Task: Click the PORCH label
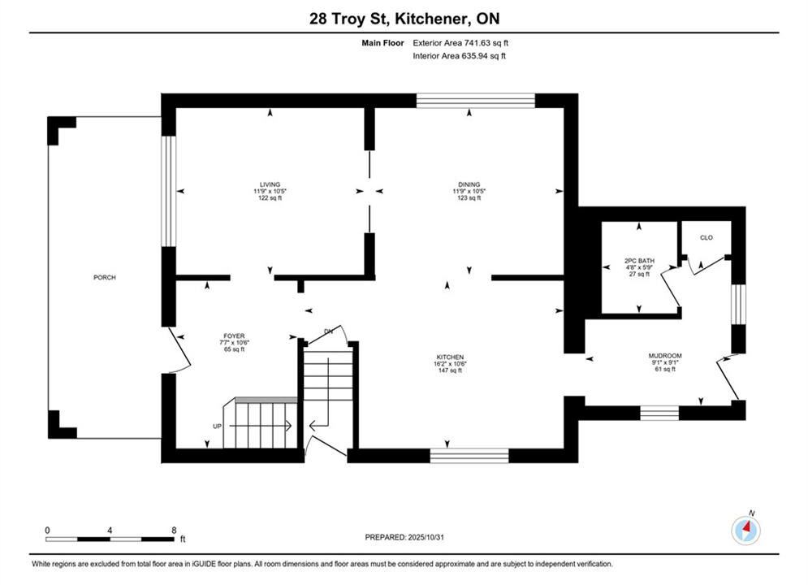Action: click(x=105, y=277)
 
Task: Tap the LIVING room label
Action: click(x=270, y=184)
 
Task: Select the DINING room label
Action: click(x=469, y=184)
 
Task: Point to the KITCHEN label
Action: click(x=450, y=357)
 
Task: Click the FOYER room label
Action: click(x=234, y=336)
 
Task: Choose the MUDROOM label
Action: click(x=665, y=356)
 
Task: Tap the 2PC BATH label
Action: click(x=639, y=261)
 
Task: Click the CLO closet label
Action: click(x=706, y=237)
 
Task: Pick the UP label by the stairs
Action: click(x=218, y=427)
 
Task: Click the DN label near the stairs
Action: click(x=328, y=331)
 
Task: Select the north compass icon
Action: click(x=746, y=529)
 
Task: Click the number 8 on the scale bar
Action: click(x=174, y=530)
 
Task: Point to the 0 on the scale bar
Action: click(x=47, y=530)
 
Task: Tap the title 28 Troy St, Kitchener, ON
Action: click(x=404, y=19)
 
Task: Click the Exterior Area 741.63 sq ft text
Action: click(x=460, y=43)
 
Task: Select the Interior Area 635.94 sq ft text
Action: click(x=459, y=56)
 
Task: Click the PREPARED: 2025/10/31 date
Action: click(x=404, y=537)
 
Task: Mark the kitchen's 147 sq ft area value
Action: click(x=450, y=370)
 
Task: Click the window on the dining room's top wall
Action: click(x=476, y=101)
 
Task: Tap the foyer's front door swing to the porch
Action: click(x=181, y=352)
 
